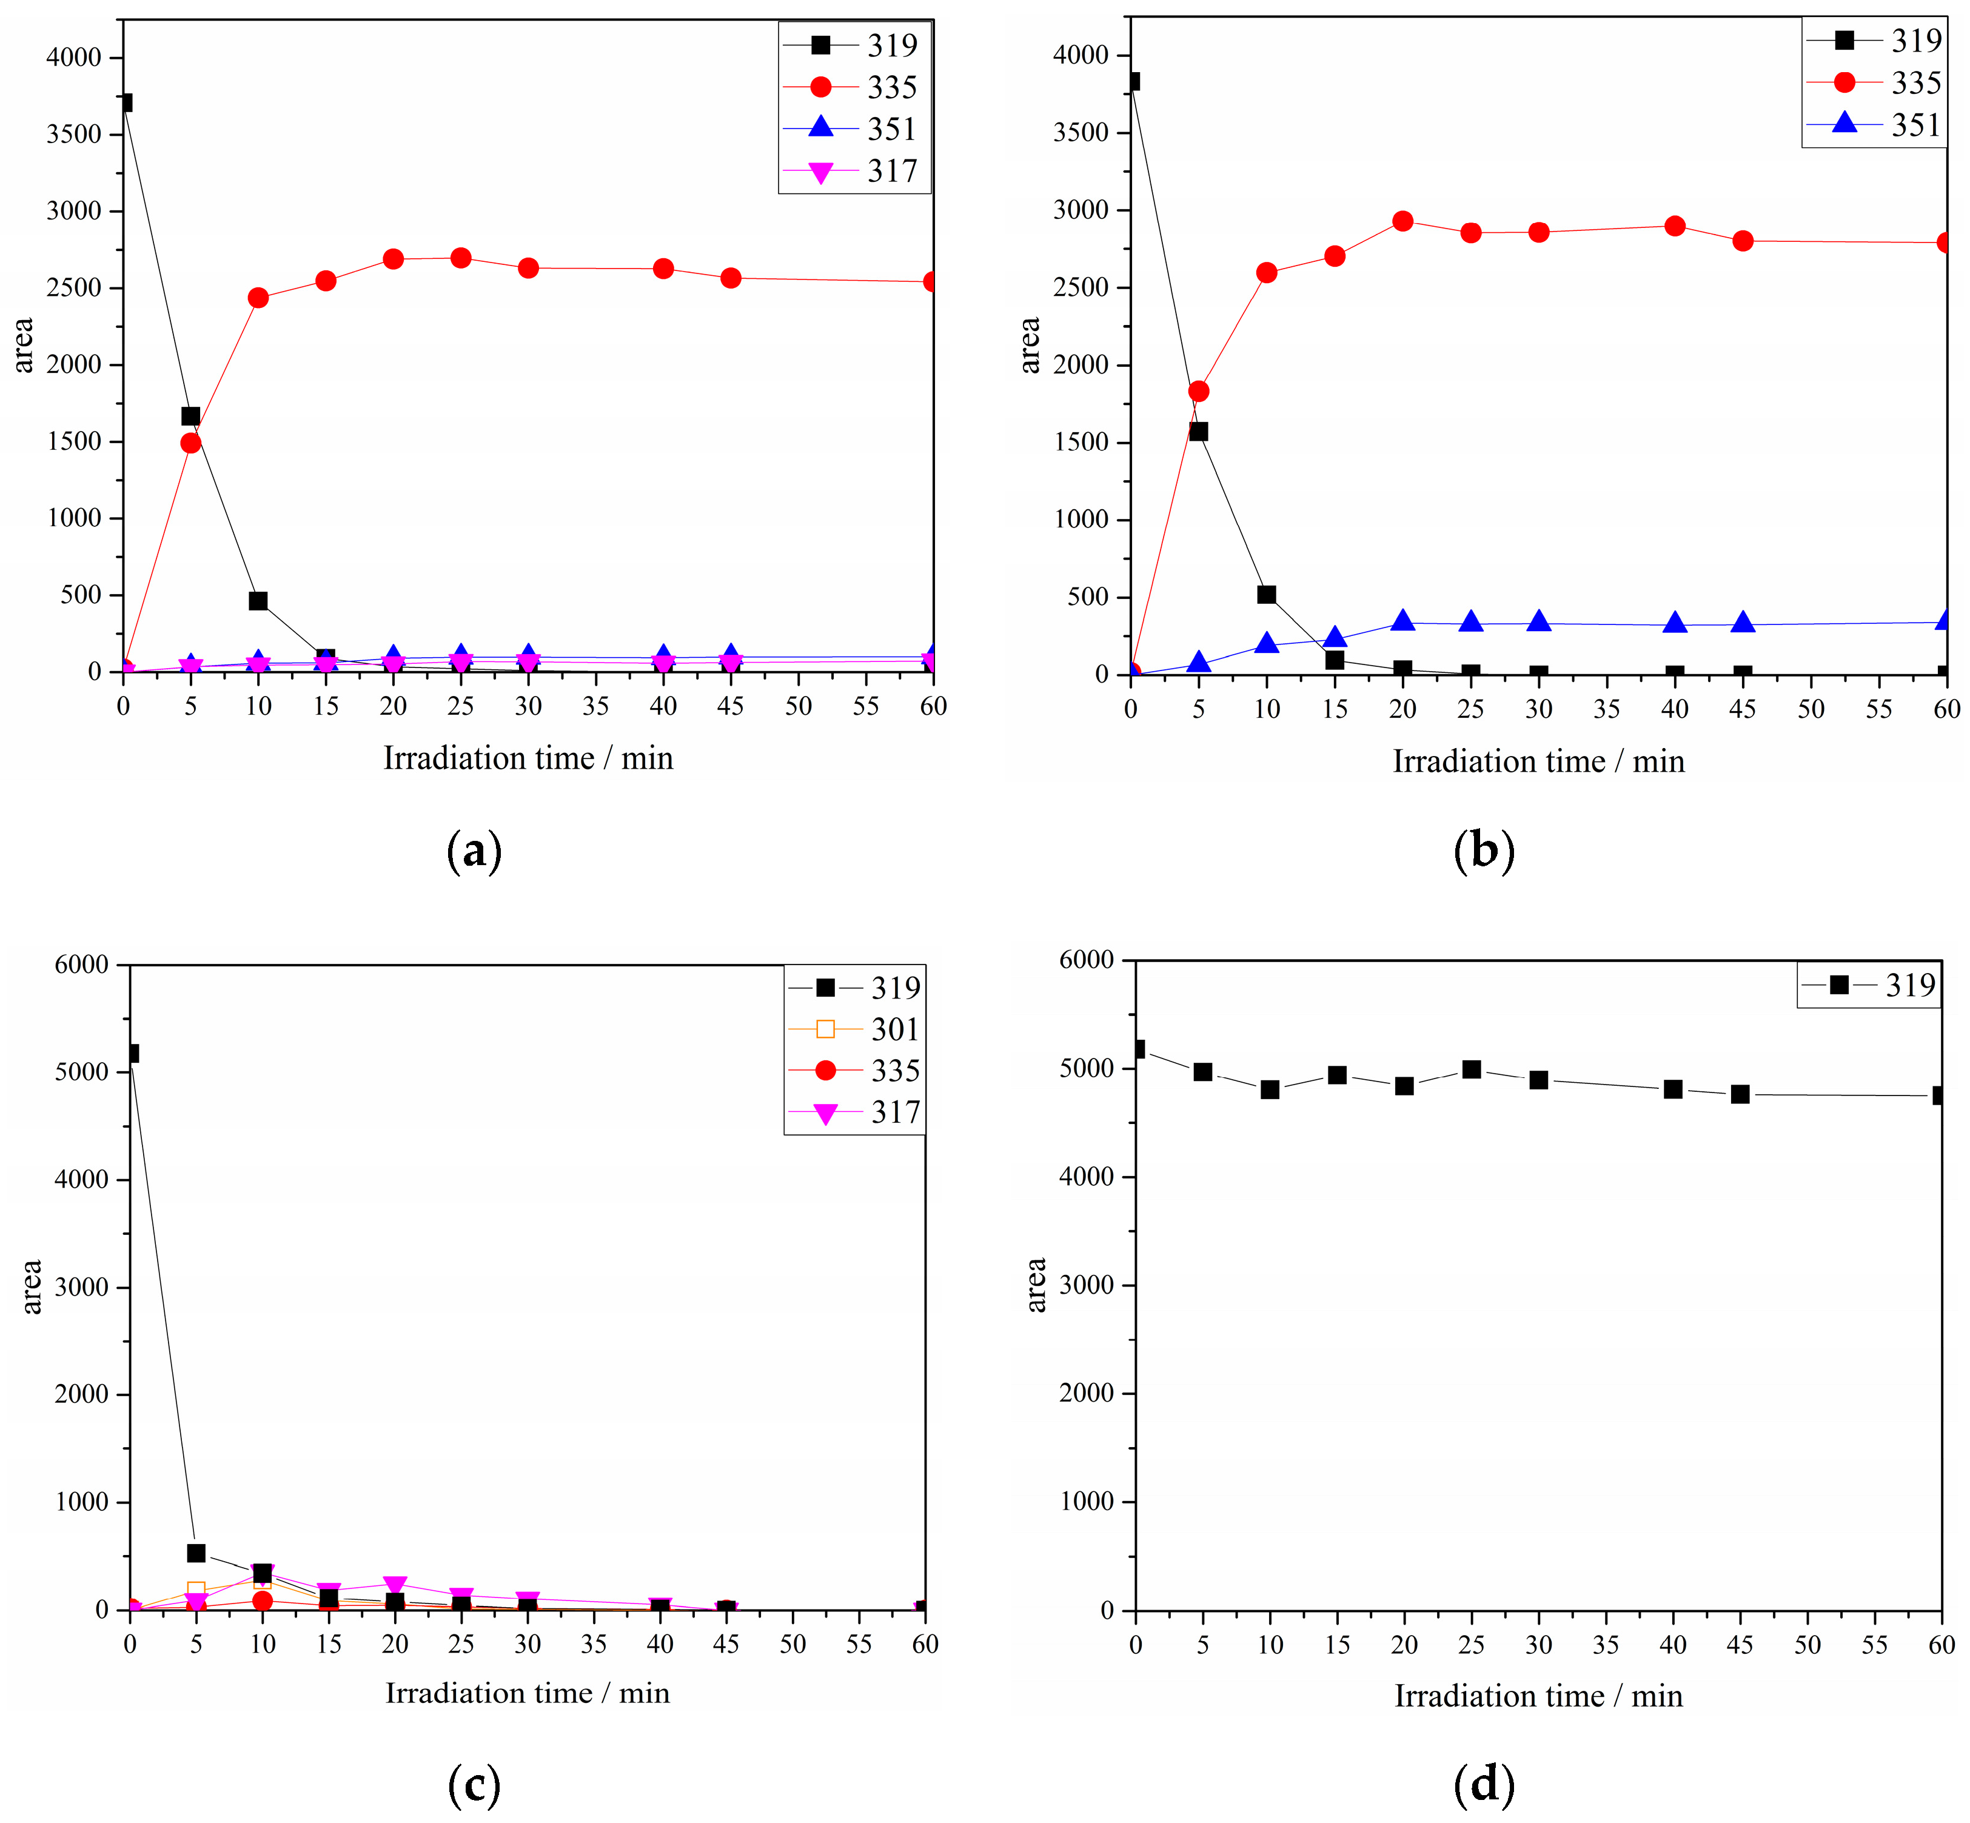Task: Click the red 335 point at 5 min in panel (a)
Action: click(190, 443)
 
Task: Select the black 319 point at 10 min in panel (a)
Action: click(258, 601)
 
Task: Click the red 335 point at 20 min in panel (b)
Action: click(1403, 221)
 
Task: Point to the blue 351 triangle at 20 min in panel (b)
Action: click(1403, 621)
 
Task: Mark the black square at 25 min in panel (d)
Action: click(1472, 1069)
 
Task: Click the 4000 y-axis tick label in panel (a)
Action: click(74, 57)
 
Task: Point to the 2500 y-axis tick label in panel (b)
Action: click(1081, 288)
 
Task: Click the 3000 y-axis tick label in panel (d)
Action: click(1086, 1285)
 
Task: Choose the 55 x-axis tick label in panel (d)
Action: click(1874, 1644)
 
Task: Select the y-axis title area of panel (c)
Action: click(33, 1286)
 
